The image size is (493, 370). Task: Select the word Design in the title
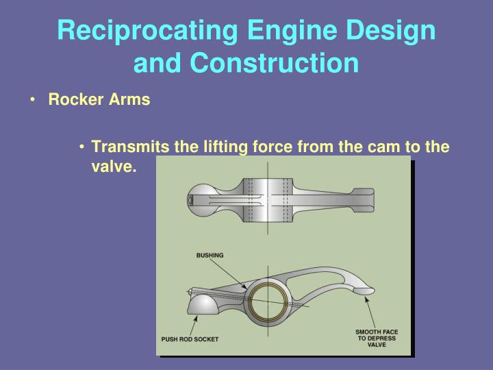click(391, 31)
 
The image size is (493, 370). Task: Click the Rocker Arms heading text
click(99, 100)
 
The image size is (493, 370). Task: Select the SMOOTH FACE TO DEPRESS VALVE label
click(376, 338)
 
